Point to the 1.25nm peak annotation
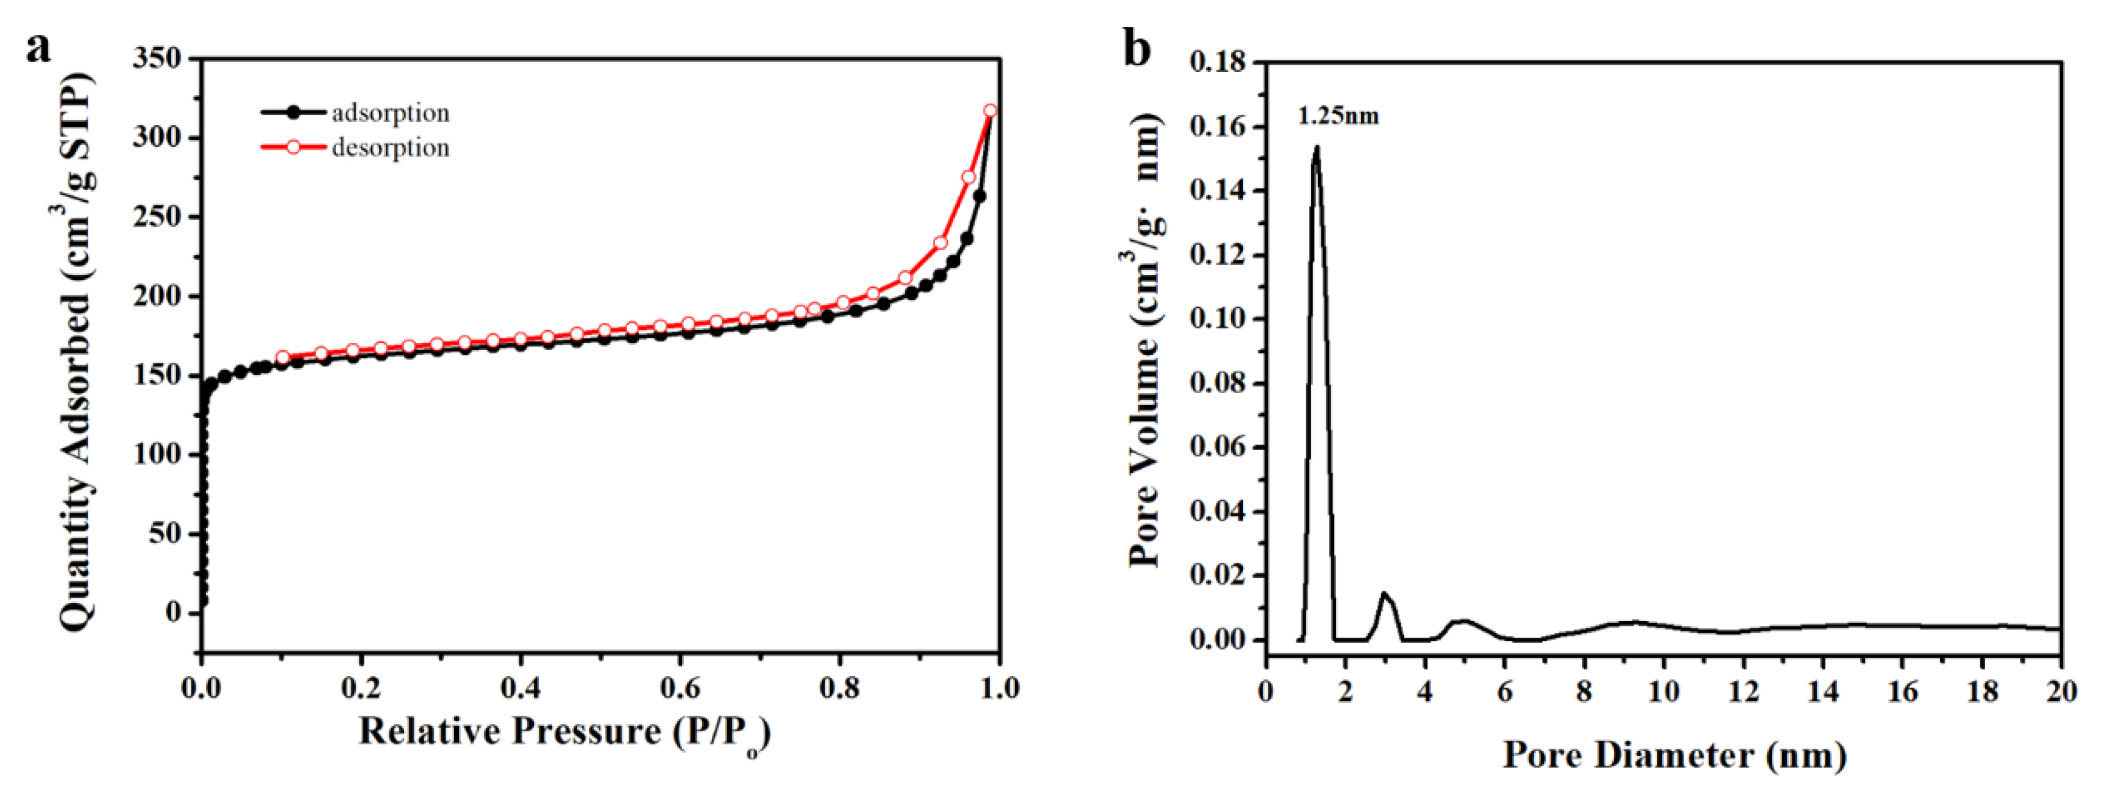(x=1338, y=116)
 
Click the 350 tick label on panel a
(x=157, y=59)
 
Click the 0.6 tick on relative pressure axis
(x=680, y=688)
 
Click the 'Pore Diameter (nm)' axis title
(x=1674, y=755)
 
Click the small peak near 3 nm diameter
(x=1384, y=594)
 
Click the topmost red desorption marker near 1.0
(x=990, y=110)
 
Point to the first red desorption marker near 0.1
(x=283, y=358)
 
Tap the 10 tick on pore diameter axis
(x=1663, y=692)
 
